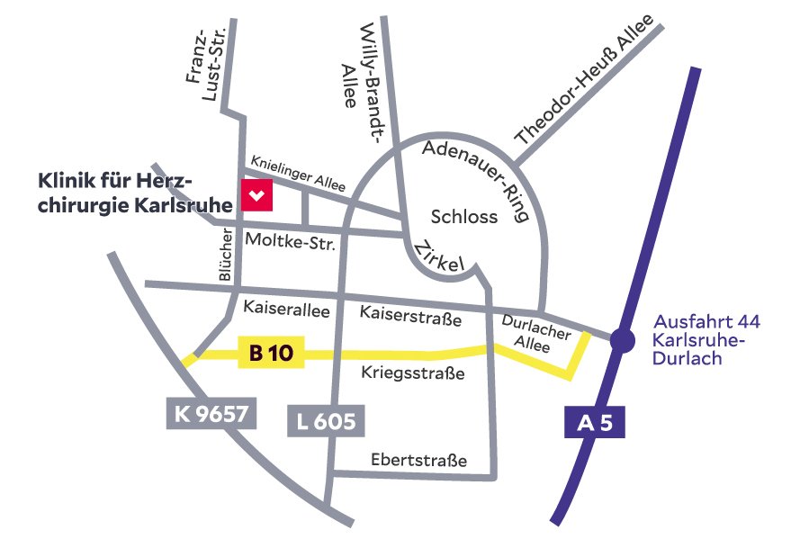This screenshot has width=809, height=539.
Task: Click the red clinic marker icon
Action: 256,194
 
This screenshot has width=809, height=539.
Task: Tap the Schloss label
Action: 463,217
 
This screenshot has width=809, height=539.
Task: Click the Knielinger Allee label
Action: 298,171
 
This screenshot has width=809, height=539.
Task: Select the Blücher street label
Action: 227,257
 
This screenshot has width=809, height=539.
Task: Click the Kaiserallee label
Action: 287,310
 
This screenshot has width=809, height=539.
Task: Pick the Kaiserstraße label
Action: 410,315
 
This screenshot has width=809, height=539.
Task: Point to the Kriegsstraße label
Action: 413,372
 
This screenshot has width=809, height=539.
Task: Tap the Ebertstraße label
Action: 419,461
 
